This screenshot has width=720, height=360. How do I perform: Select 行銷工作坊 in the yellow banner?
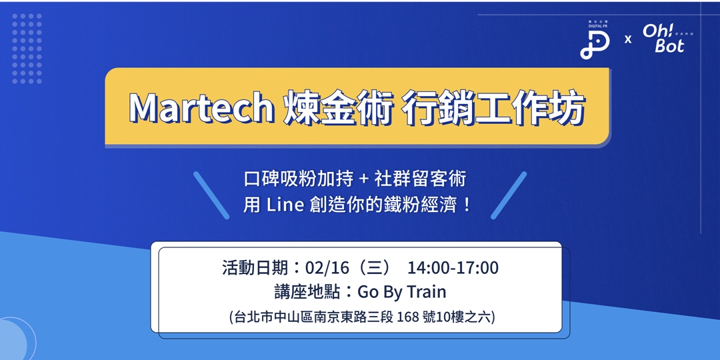(494, 107)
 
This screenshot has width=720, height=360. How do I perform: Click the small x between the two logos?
(627, 39)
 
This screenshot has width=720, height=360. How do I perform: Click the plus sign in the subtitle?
(363, 179)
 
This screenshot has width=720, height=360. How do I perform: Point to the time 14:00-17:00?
(453, 268)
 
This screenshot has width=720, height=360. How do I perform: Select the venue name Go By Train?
(401, 292)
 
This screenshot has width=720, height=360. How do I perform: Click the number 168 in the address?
(407, 316)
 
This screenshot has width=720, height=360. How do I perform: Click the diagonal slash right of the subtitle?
(509, 195)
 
